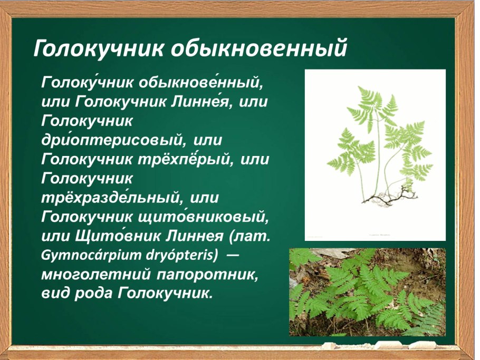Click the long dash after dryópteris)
[233, 255]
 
